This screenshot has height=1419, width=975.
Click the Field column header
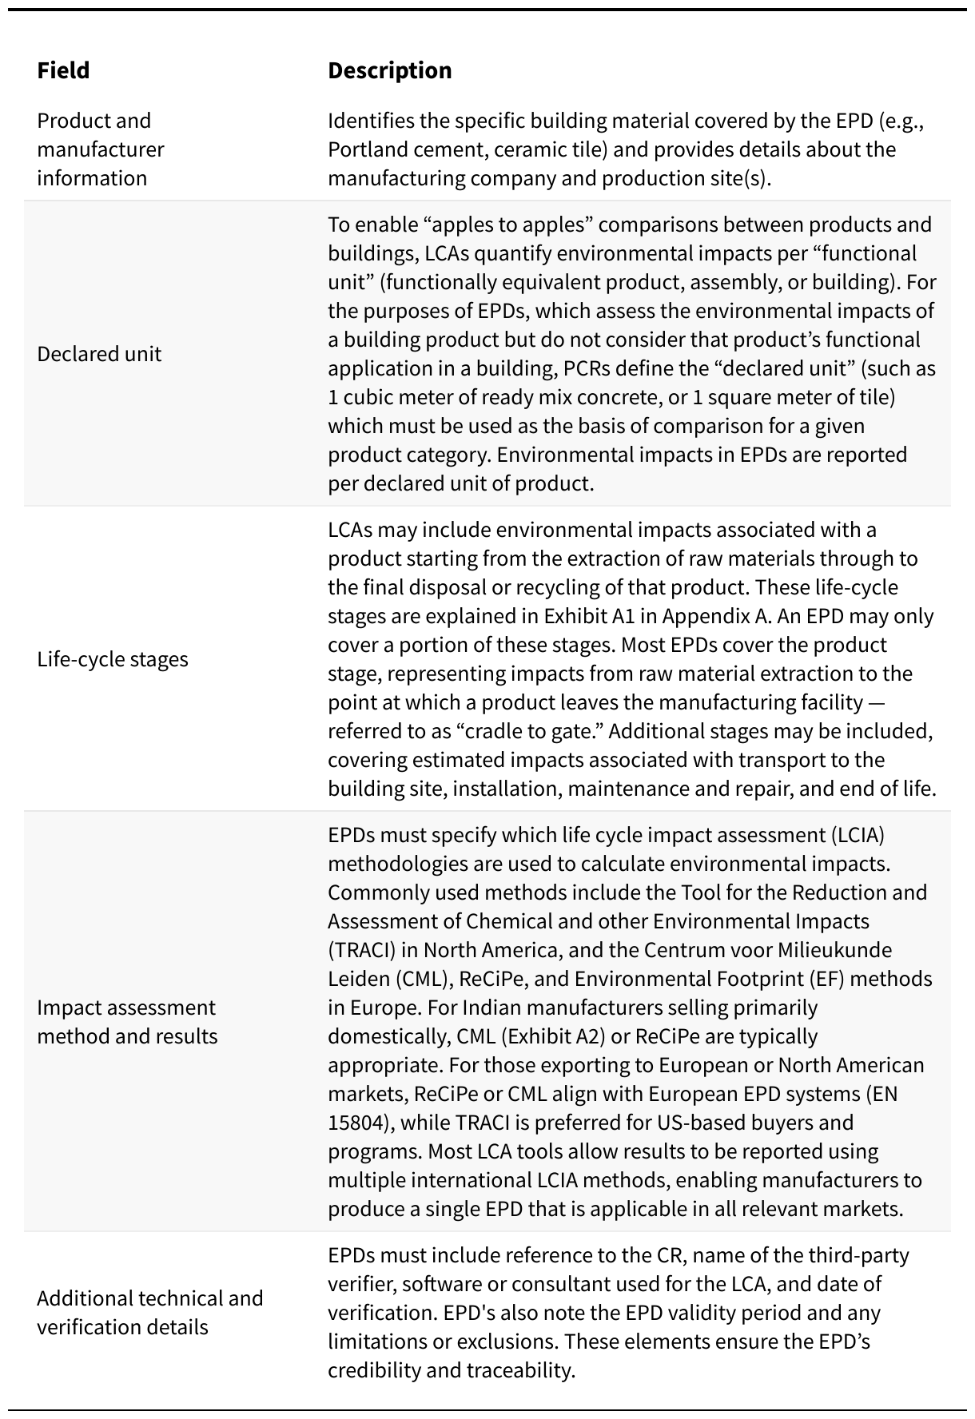(63, 70)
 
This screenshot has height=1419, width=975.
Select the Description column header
(389, 70)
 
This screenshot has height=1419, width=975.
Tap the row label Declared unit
(99, 354)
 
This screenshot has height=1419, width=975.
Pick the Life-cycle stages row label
(113, 659)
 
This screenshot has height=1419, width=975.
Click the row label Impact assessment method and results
(126, 1022)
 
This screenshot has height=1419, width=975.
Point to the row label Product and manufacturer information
(100, 149)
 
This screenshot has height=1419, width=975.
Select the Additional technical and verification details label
(149, 1313)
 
